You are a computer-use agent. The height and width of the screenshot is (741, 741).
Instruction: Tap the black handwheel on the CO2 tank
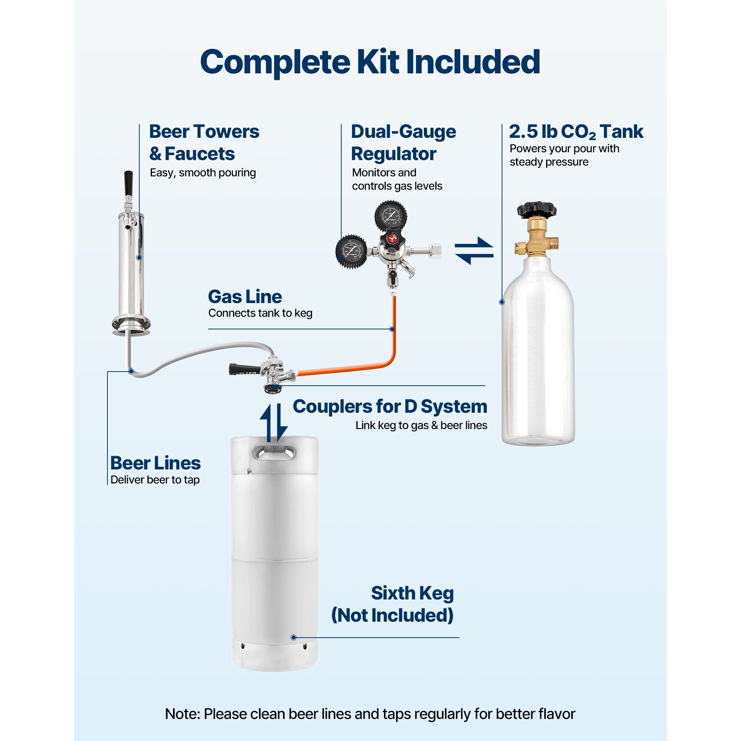536,209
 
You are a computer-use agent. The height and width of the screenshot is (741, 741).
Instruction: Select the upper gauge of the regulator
391,216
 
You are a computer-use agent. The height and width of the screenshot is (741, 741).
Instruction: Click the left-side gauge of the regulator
351,252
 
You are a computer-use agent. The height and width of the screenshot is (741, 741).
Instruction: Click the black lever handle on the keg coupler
240,369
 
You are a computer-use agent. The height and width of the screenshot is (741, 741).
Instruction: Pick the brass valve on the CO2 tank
536,237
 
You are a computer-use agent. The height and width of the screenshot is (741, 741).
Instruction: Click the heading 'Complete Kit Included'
370,62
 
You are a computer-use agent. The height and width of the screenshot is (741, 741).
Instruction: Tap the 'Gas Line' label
245,297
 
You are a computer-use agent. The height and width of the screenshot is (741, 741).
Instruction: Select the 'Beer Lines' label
155,463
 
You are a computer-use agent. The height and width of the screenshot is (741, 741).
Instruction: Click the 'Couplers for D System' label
390,406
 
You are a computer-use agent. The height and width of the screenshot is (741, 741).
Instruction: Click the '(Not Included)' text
392,615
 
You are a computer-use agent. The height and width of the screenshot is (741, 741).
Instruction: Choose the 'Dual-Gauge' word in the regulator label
403,132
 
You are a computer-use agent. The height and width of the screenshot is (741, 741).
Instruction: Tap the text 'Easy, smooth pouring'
203,173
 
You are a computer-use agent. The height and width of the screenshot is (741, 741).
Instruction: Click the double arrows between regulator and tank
474,251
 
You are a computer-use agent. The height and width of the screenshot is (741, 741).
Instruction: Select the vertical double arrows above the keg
274,422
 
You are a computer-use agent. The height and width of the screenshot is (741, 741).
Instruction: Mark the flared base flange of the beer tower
131,326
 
